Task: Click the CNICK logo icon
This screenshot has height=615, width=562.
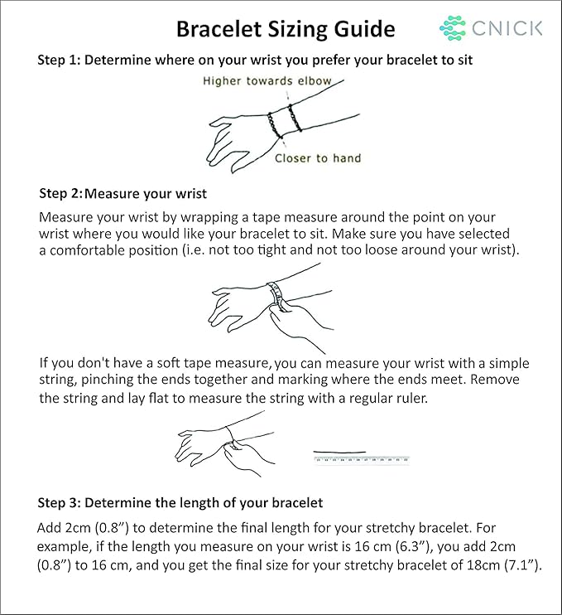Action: point(453,28)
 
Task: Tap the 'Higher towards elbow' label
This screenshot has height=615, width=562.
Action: point(267,80)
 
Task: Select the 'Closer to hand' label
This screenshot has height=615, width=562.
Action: point(318,158)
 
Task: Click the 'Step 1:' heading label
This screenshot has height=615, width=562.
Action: point(59,60)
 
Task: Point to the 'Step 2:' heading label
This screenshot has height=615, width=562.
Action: point(60,193)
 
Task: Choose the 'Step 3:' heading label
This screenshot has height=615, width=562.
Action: point(59,503)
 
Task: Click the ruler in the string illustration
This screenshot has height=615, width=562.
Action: point(362,459)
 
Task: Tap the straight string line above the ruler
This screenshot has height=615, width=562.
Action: point(339,452)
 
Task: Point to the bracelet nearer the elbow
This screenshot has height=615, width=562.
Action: point(295,117)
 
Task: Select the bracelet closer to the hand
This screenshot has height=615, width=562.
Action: point(275,125)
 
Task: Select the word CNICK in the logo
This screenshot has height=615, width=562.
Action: point(507,28)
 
